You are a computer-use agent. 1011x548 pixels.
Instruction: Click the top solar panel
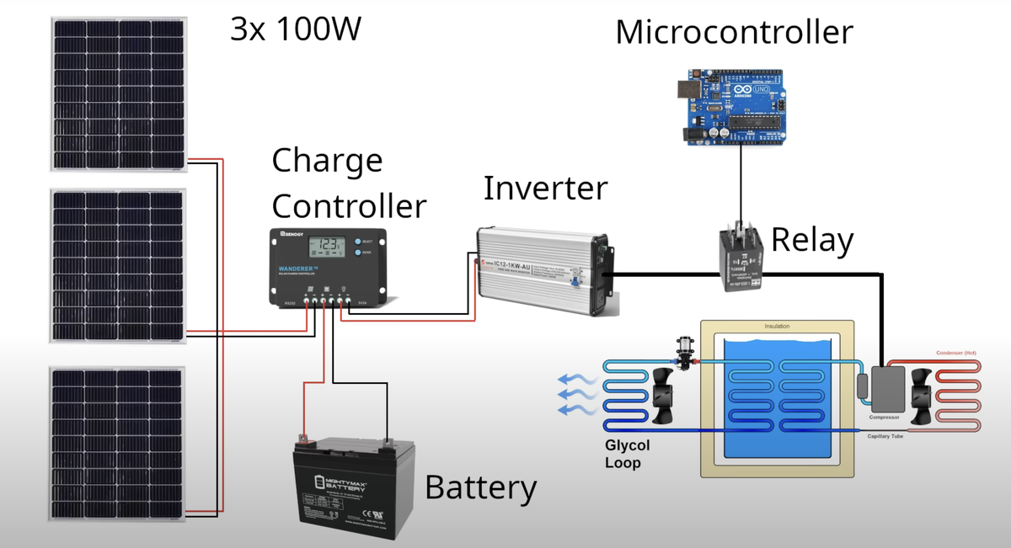point(118,93)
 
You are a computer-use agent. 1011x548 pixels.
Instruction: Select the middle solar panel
point(118,265)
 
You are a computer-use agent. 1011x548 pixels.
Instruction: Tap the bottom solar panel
point(118,442)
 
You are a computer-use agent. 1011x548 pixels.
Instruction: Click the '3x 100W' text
point(296,29)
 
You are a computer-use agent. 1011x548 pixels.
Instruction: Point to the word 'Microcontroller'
point(734,33)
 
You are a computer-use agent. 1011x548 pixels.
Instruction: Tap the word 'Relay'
point(812,241)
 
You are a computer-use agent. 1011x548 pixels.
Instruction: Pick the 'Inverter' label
point(545,188)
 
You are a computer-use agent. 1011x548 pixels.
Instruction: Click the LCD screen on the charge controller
point(328,247)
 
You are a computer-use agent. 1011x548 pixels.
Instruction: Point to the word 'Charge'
point(327,160)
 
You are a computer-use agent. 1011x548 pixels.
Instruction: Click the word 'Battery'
point(480,487)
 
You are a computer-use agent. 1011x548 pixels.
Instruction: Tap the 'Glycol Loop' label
point(628,454)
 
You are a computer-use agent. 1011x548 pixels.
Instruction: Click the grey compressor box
point(888,389)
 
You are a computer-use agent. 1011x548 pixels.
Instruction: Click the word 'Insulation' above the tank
point(777,326)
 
